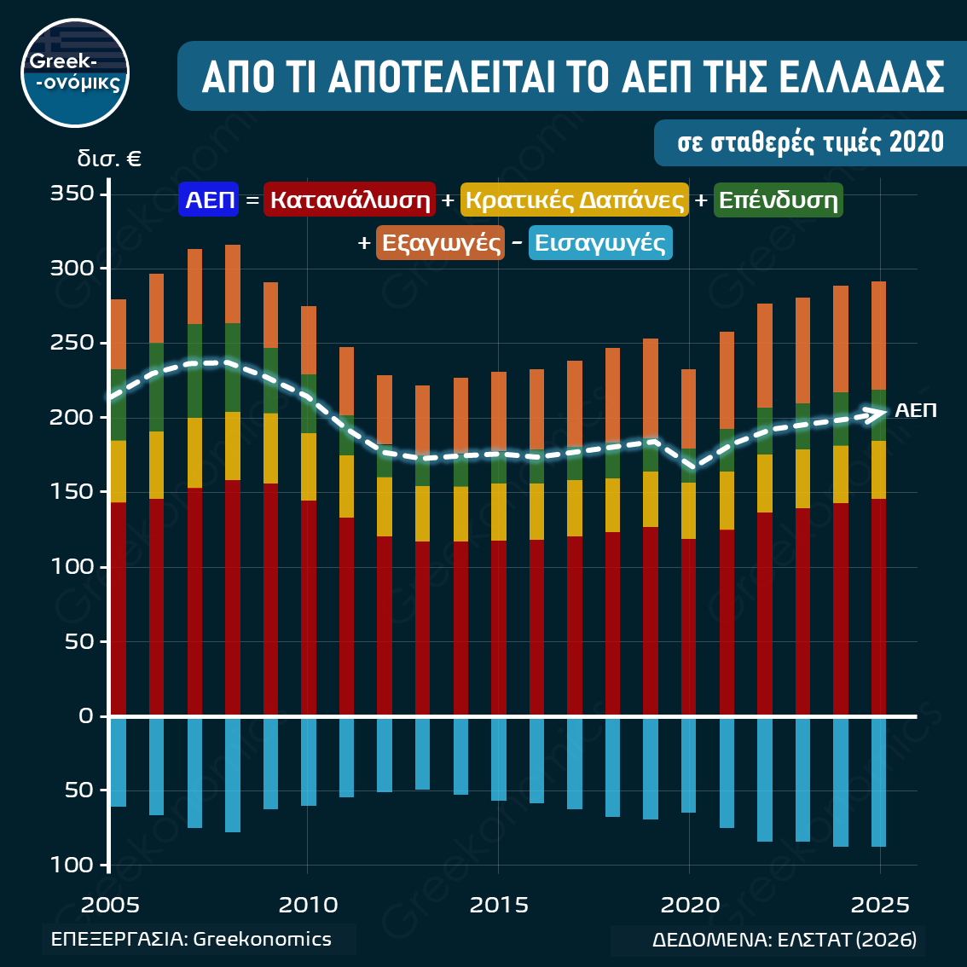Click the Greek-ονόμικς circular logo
tap(74, 73)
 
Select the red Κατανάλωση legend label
tap(350, 200)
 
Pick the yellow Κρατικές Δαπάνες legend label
tap(575, 200)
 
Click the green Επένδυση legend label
tap(778, 200)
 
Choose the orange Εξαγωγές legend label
tap(441, 243)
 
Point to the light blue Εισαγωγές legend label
tap(599, 243)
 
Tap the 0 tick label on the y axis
tap(85, 715)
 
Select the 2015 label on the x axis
tap(499, 904)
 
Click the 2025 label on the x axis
tap(881, 904)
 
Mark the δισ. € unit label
tap(108, 159)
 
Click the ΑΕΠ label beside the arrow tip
tap(916, 410)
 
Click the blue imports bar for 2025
tap(878, 782)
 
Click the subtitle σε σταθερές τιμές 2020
tap(810, 142)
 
